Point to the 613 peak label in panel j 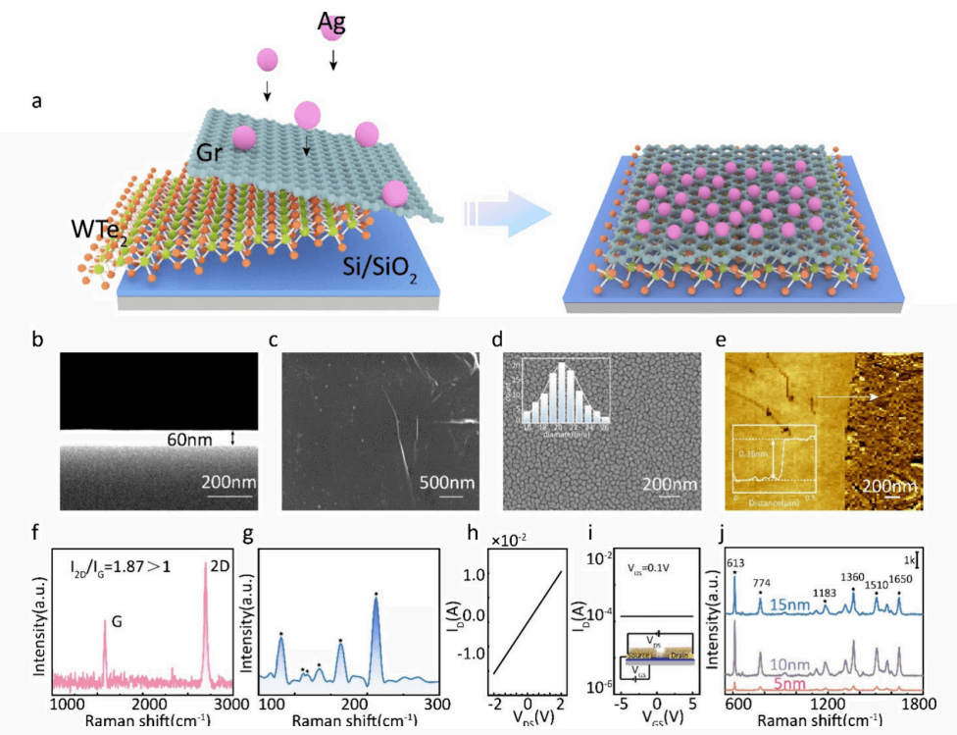tap(733, 562)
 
